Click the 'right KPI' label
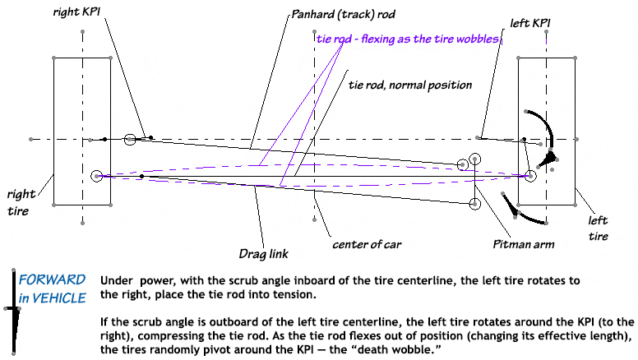point(76,12)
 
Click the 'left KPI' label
point(530,23)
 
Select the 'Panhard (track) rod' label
point(344,15)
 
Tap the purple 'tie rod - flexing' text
point(408,39)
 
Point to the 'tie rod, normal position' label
point(410,85)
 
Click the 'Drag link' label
point(264,254)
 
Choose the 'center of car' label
point(367,244)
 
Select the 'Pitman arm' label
point(524,244)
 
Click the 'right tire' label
point(21,202)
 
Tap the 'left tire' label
point(599,228)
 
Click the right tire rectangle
point(53,132)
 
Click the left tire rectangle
point(518,132)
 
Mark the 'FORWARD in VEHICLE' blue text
point(52,288)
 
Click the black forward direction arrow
point(15,312)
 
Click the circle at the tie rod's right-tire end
point(97,176)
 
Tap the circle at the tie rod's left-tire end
point(530,176)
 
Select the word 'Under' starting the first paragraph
point(117,280)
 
